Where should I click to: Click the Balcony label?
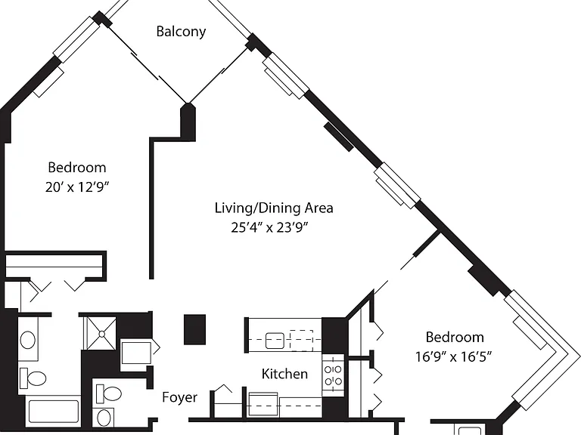181,32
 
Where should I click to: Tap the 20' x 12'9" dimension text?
77,187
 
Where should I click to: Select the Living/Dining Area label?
274,208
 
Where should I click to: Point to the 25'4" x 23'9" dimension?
270,227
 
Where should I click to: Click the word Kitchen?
284,374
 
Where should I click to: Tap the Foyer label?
180,397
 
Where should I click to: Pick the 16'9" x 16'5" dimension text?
453,357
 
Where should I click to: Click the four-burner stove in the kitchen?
333,375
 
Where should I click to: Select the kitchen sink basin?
275,341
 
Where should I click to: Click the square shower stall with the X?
101,333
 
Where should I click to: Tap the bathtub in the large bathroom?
54,410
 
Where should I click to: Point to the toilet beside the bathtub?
33,378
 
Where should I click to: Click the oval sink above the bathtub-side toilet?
28,340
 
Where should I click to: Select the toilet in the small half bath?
109,394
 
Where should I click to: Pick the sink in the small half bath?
104,418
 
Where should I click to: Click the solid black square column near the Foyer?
195,329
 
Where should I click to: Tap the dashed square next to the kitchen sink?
301,341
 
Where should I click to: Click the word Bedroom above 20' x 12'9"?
77,168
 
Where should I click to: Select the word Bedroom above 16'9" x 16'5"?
455,338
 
